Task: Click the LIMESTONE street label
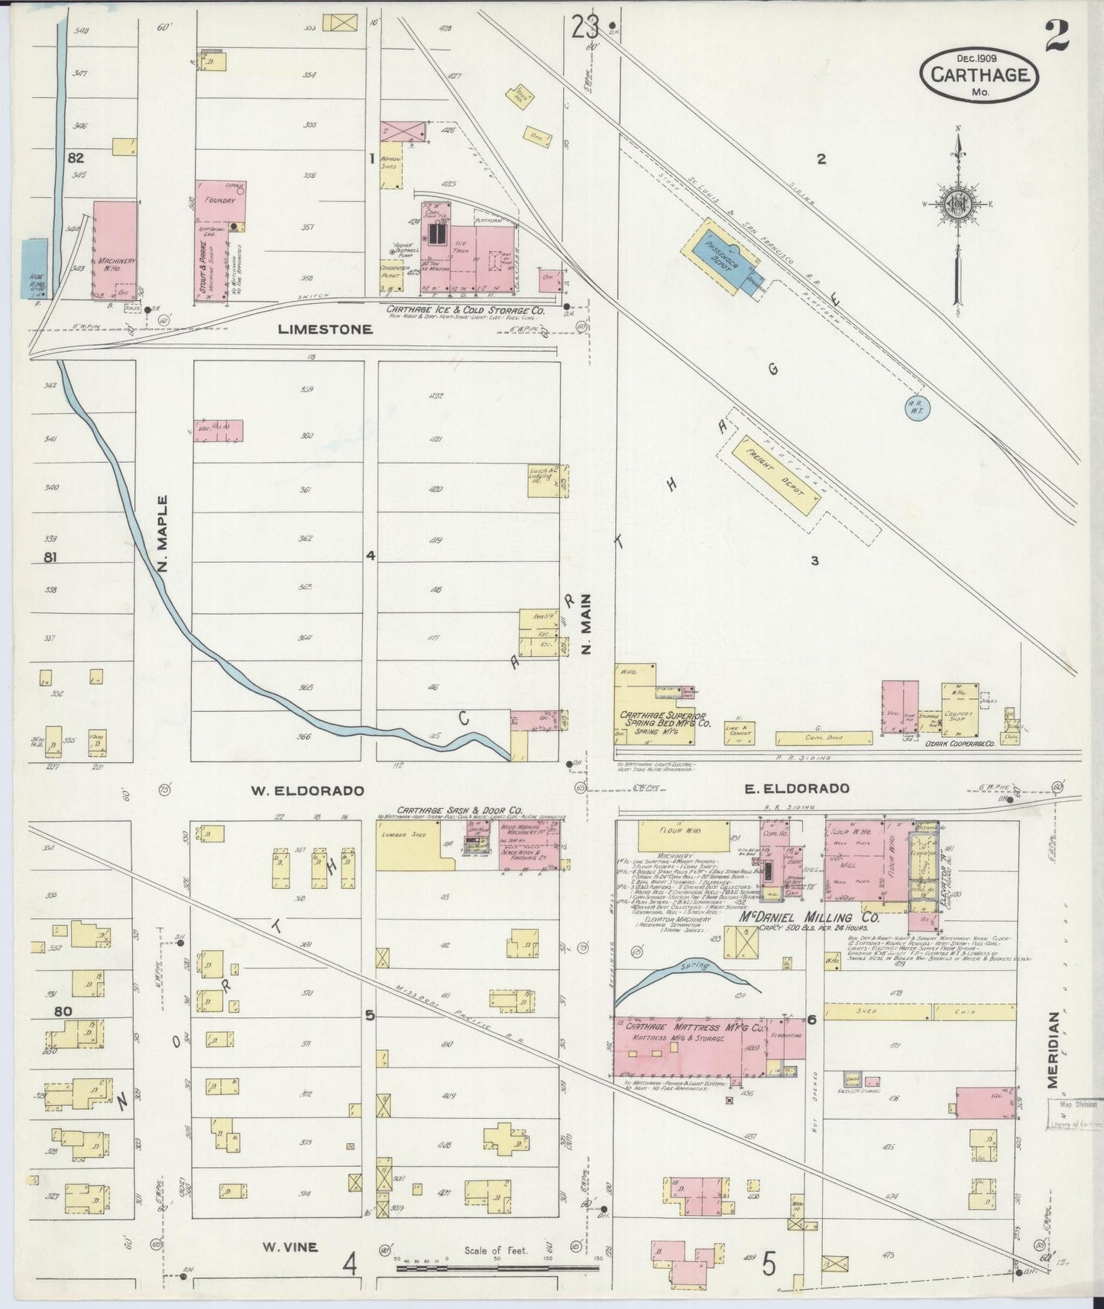click(325, 330)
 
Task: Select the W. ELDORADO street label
click(303, 791)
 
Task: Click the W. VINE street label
click(290, 1247)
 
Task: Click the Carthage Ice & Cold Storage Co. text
click(465, 310)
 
